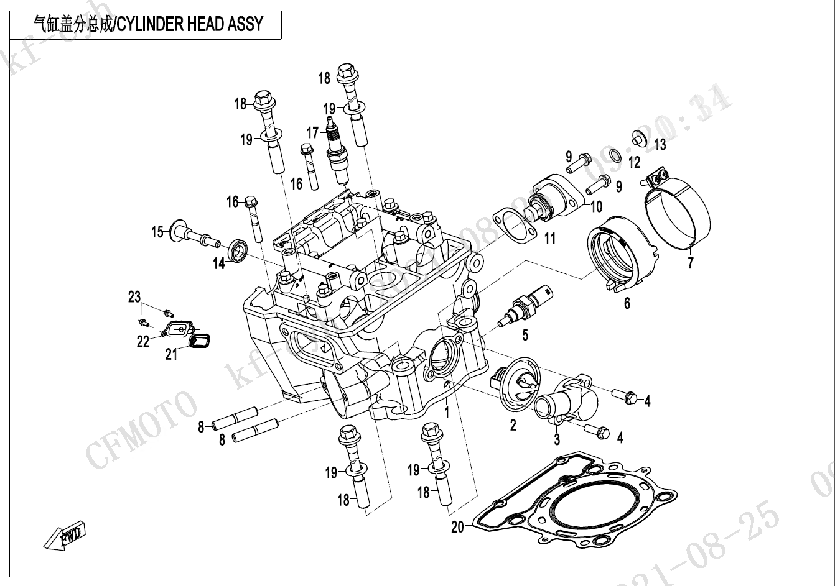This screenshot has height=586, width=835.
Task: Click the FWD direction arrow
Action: (65, 538)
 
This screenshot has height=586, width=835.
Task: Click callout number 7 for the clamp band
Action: (691, 263)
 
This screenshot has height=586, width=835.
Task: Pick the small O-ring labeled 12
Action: (614, 155)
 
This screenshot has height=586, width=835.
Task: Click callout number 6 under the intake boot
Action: (627, 303)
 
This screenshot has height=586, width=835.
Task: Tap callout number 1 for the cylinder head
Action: (446, 412)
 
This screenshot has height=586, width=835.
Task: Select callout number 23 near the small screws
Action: (135, 297)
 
